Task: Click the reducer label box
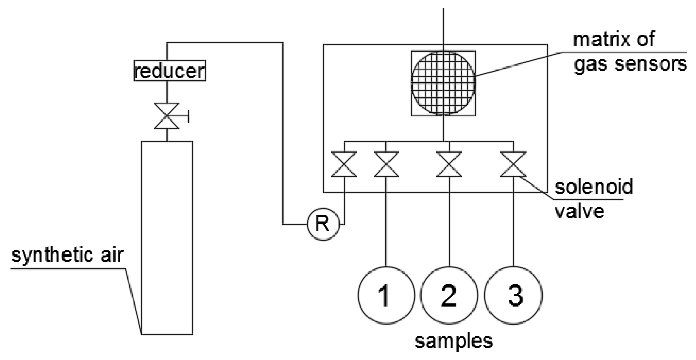[170, 71]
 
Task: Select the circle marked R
[323, 224]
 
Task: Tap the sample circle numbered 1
[386, 295]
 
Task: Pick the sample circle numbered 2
[449, 295]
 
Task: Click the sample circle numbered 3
[513, 295]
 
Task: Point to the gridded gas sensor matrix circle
[443, 83]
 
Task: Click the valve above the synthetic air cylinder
[166, 116]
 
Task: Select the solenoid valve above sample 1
[386, 164]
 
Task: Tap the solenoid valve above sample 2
[449, 164]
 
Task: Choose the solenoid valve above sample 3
[513, 164]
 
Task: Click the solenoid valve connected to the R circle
[344, 164]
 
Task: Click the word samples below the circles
[453, 341]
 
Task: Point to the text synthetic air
[67, 255]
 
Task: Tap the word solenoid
[594, 187]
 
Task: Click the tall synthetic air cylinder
[167, 237]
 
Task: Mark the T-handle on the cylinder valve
[188, 116]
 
